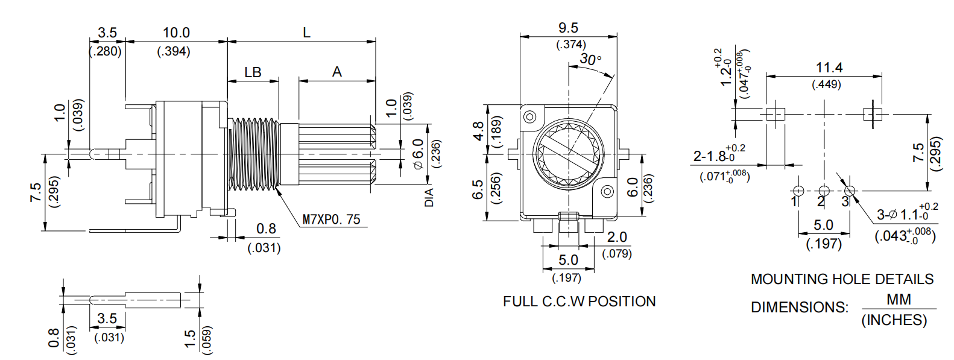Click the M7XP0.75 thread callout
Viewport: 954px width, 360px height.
point(331,219)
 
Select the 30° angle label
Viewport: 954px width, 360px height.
point(590,59)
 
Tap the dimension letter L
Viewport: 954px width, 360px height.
point(306,33)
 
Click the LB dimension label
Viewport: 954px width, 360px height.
point(253,72)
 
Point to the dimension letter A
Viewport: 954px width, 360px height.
point(337,72)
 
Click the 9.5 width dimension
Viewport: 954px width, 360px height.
point(568,28)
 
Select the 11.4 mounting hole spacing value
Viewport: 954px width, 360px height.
point(829,68)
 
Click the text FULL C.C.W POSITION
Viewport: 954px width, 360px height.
point(579,302)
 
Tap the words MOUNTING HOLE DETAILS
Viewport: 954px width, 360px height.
point(842,279)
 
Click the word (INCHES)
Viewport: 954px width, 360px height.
point(894,320)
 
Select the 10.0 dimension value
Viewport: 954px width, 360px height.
point(176,33)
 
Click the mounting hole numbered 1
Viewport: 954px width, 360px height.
point(798,191)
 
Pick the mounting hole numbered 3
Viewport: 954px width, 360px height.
point(850,191)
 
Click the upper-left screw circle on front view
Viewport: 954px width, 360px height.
point(530,116)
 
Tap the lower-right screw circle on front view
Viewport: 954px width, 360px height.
point(607,192)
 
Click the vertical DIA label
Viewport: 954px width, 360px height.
point(429,197)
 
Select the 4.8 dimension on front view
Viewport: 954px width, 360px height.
point(478,131)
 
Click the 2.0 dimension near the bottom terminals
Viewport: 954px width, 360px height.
point(617,237)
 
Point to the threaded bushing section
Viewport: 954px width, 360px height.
point(254,154)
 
